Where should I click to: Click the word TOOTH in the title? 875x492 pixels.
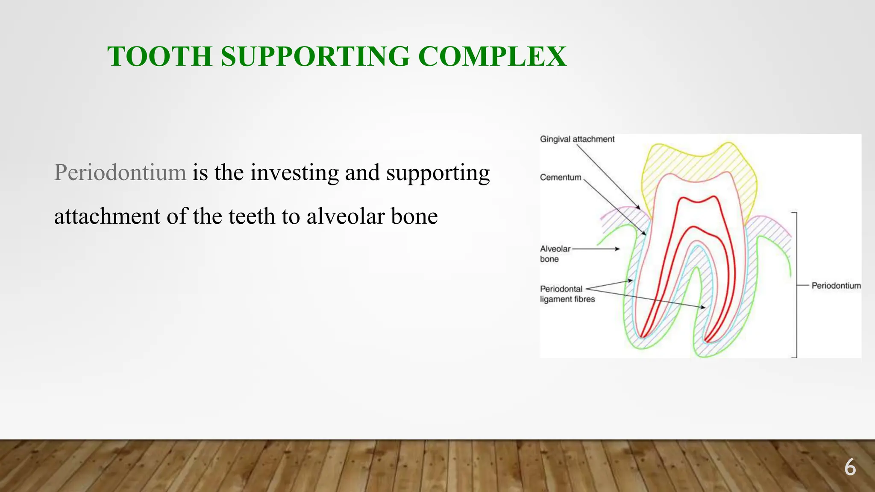point(159,56)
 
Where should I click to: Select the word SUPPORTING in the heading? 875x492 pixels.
point(315,56)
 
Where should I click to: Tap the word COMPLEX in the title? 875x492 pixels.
point(492,56)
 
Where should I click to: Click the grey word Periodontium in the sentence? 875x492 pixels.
point(120,173)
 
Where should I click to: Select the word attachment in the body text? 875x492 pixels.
point(107,216)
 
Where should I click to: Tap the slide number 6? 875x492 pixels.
point(850,467)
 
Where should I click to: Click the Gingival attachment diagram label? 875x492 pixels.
point(577,139)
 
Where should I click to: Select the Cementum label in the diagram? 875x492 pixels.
point(561,177)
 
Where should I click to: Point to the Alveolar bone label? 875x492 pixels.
point(555,254)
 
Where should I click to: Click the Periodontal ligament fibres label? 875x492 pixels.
point(567,294)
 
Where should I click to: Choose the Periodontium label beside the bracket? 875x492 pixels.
point(836,286)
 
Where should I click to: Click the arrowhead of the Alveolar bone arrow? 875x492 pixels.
point(617,249)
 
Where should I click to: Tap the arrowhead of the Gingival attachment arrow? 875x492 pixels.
point(638,207)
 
